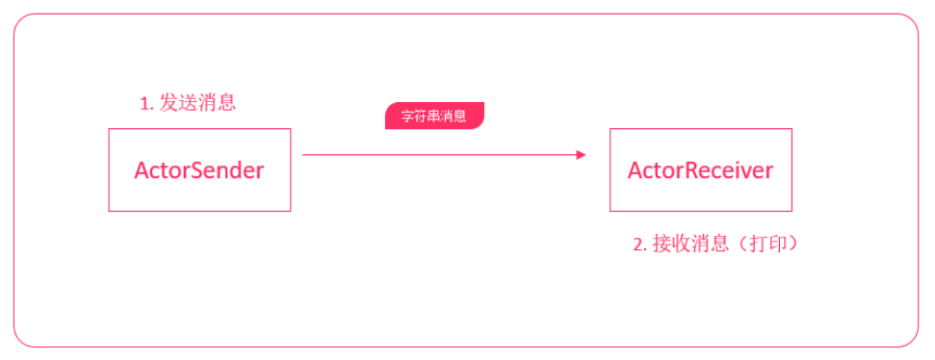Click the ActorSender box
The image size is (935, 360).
coord(199,170)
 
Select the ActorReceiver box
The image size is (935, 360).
coord(700,170)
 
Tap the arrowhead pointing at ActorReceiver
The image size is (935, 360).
coord(581,154)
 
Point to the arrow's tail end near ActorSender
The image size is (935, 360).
coord(305,154)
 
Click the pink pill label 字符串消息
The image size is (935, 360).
coord(434,116)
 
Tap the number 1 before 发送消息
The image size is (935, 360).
coord(144,104)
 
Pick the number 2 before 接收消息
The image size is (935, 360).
coord(638,245)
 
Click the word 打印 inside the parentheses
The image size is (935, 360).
coord(768,244)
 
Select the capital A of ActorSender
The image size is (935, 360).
coord(142,170)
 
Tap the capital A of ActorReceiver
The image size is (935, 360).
coord(636,170)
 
